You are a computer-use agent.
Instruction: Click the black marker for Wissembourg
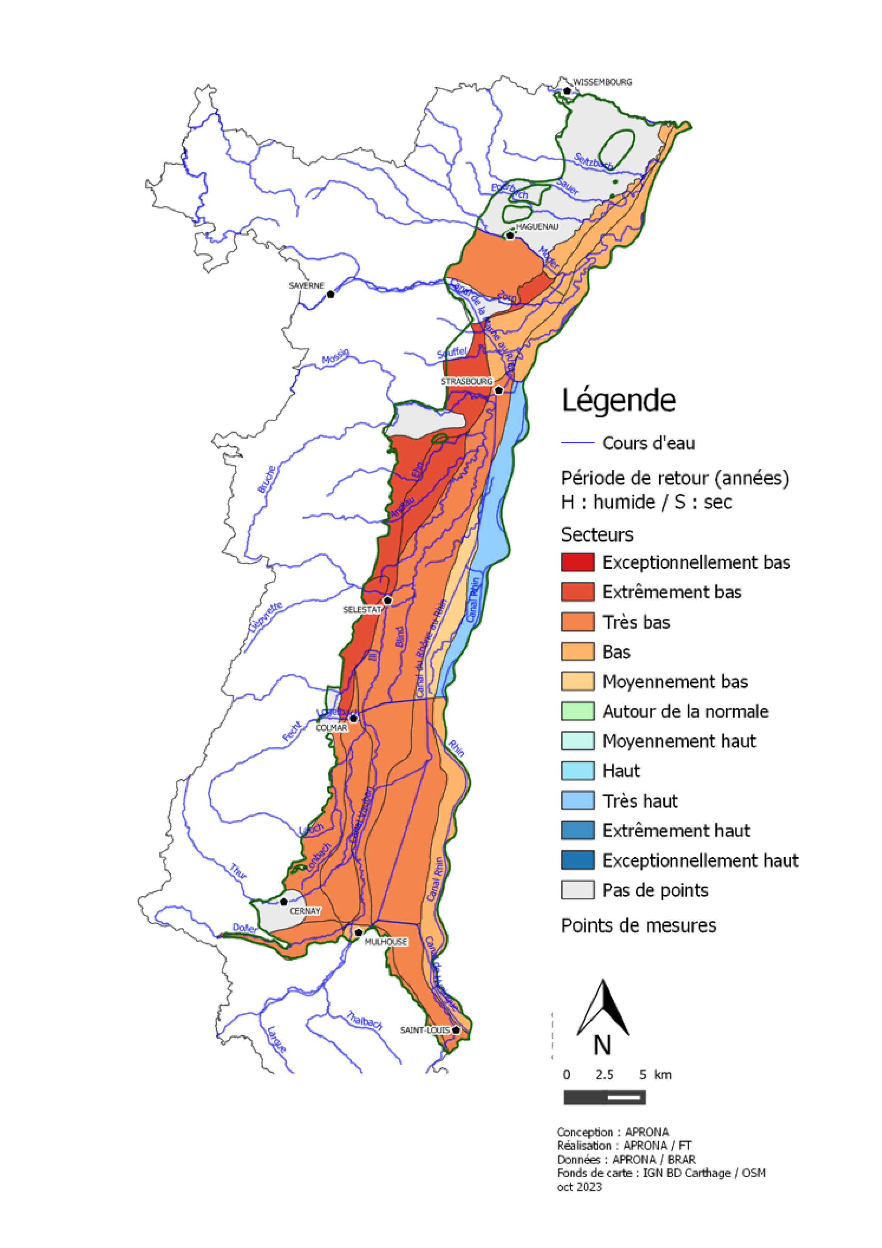[x=567, y=91]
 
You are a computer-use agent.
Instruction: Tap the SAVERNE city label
[x=306, y=285]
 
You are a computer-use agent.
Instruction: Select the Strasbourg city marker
[x=498, y=390]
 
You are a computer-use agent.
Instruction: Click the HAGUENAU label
[x=537, y=227]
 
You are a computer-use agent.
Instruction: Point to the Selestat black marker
[x=387, y=601]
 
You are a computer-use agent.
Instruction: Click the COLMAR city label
[x=331, y=727]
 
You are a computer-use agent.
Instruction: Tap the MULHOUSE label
[x=386, y=941]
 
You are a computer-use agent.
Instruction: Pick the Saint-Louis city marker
[x=456, y=1030]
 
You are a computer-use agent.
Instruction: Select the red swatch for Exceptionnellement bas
[x=577, y=562]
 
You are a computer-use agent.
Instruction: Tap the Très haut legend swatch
[x=577, y=801]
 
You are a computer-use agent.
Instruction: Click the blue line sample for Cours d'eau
[x=577, y=443]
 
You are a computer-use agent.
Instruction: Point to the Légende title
[x=618, y=401]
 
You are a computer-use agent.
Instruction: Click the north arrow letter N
[x=602, y=1045]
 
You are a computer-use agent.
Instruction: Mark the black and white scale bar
[x=604, y=1098]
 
